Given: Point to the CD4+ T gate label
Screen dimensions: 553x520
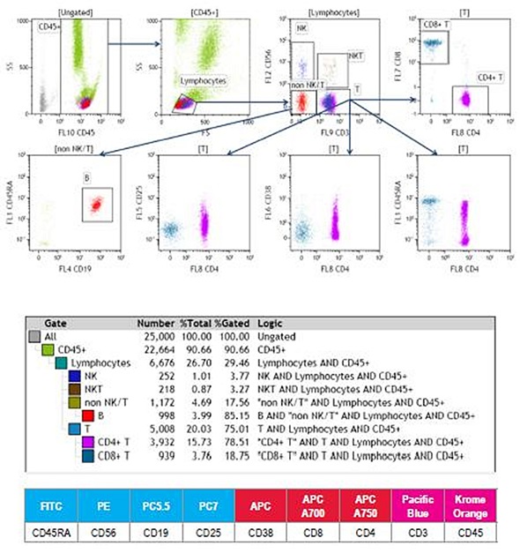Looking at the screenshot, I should pyautogui.click(x=486, y=78).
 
